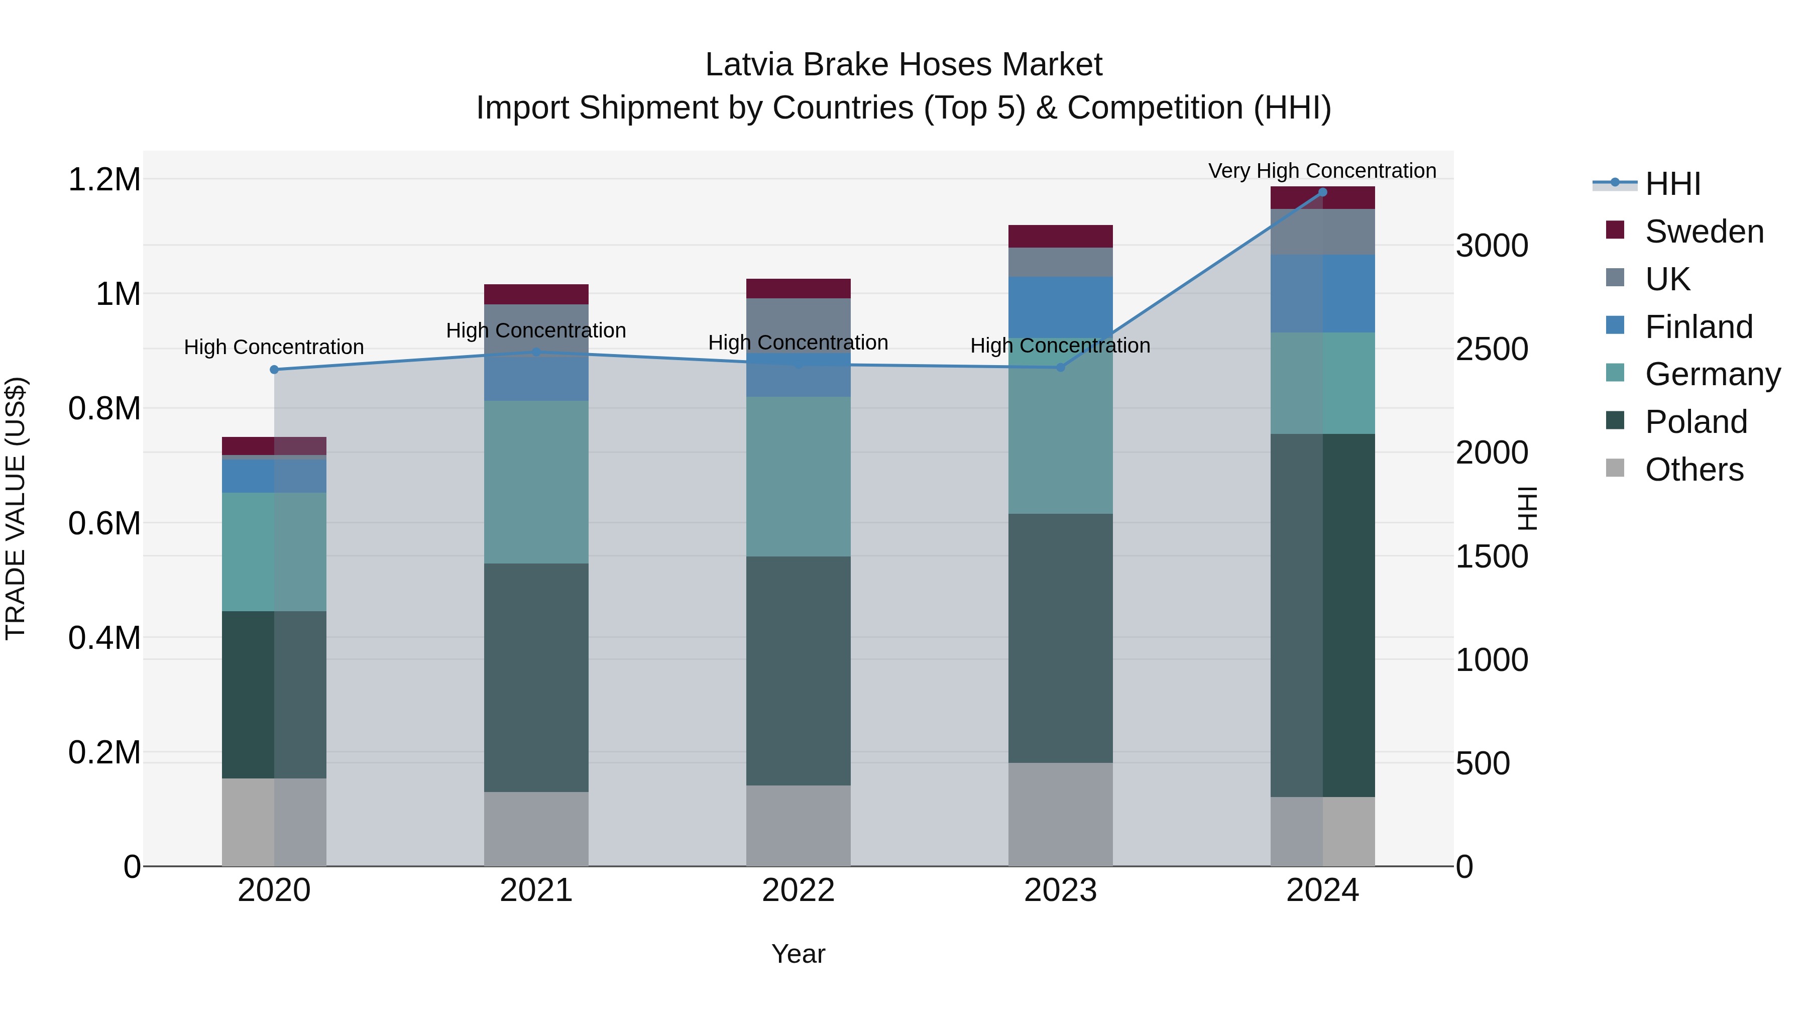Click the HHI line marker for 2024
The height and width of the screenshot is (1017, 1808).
click(1322, 192)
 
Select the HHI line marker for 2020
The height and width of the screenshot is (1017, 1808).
click(274, 369)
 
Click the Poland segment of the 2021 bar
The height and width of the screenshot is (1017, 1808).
click(536, 677)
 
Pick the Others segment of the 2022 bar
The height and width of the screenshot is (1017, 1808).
click(798, 825)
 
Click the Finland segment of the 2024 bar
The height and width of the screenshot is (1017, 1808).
click(1322, 293)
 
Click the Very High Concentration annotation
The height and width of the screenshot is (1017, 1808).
click(1322, 171)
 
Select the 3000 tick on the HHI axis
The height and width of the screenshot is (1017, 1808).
click(1492, 246)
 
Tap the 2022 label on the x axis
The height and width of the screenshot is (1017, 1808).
click(798, 890)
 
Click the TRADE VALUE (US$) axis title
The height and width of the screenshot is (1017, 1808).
click(16, 508)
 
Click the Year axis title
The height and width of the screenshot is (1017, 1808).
click(798, 954)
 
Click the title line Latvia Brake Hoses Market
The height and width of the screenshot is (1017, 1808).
click(903, 65)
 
